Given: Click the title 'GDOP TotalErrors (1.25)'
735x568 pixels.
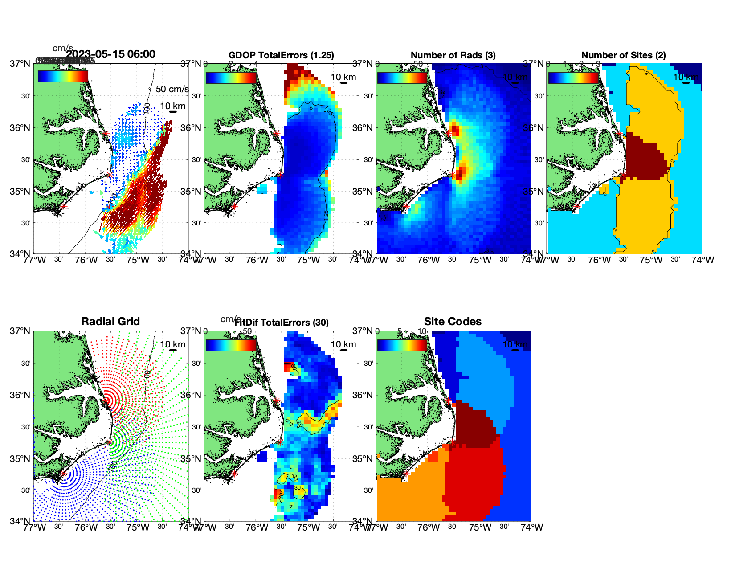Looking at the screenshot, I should click(281, 55).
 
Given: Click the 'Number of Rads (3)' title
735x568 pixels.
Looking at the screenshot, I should click(453, 55).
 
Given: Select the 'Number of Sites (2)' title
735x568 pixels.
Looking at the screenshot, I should click(623, 55).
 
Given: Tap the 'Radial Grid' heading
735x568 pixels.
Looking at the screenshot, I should click(110, 322).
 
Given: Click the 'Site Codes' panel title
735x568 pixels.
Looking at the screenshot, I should click(453, 322).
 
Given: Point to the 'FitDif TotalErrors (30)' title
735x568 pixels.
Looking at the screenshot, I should click(282, 323).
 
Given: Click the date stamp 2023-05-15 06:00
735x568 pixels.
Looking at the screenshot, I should click(110, 54).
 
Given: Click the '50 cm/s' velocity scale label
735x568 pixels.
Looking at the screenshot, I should click(172, 89).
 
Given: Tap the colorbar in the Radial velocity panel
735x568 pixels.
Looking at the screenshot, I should click(63, 77).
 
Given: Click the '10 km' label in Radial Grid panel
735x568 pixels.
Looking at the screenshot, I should click(173, 344).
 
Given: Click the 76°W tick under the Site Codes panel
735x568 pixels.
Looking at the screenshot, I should click(429, 527).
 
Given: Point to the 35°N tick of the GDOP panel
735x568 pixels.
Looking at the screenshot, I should click(194, 192).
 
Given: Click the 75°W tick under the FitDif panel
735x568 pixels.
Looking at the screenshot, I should click(308, 527).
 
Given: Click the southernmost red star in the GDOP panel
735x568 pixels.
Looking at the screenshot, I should click(234, 206).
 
